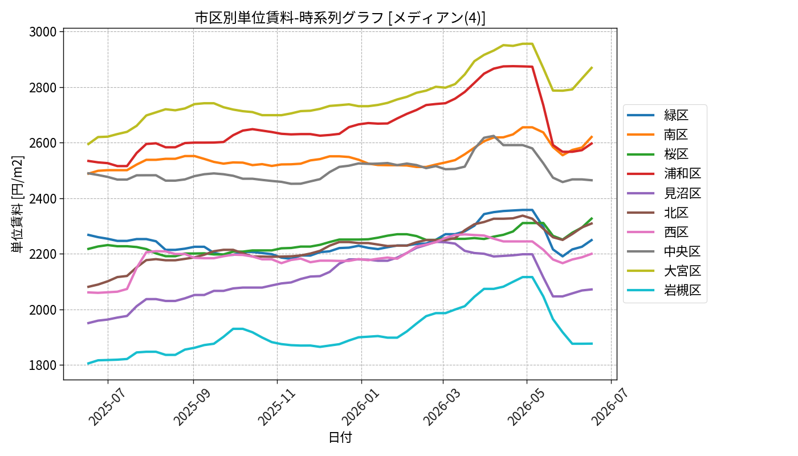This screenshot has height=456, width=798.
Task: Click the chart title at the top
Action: click(x=340, y=18)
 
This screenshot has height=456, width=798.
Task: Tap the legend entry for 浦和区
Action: click(x=664, y=173)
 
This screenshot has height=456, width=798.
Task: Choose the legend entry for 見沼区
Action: click(x=664, y=193)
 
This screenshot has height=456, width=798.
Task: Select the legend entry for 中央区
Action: click(x=664, y=251)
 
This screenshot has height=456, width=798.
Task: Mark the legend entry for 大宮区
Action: click(x=664, y=271)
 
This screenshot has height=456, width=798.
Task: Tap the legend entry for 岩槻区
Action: click(x=664, y=290)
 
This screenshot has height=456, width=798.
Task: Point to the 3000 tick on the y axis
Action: click(x=43, y=32)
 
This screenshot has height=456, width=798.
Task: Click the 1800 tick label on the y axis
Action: click(x=43, y=365)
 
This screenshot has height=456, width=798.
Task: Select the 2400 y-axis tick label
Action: click(x=43, y=198)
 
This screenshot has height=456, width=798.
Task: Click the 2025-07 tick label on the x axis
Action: click(x=107, y=407)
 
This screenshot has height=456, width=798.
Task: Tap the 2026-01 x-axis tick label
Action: click(x=360, y=407)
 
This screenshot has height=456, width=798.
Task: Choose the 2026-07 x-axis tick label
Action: click(x=610, y=407)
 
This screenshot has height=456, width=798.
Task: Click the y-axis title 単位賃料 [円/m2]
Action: click(x=17, y=204)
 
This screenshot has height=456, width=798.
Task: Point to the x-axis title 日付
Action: click(x=340, y=437)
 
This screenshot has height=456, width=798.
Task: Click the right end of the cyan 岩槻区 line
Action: click(x=592, y=343)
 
